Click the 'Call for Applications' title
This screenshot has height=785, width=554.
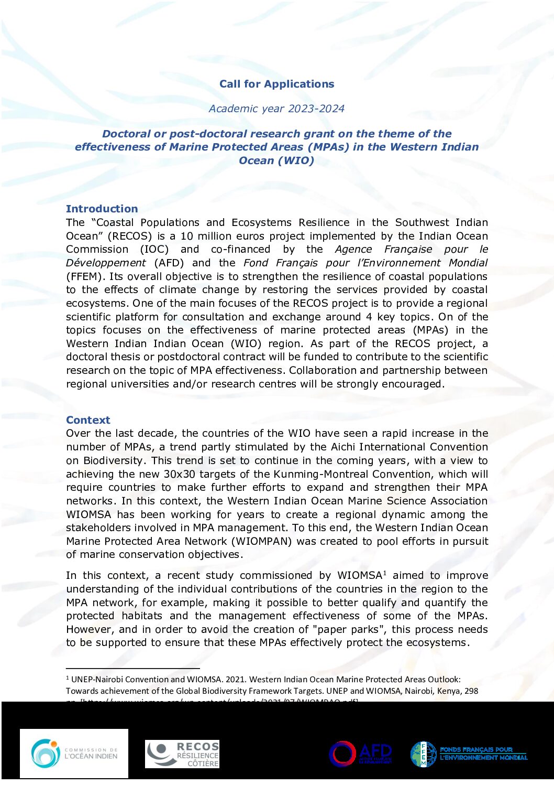(x=276, y=84)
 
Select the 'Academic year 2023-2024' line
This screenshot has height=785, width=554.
(x=276, y=109)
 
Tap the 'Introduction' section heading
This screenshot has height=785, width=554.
(x=102, y=209)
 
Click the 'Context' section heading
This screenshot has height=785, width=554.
(x=88, y=420)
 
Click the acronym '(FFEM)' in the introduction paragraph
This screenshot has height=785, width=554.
(x=85, y=276)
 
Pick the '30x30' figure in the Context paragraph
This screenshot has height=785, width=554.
(x=182, y=474)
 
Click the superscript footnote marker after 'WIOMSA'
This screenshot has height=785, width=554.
(x=385, y=572)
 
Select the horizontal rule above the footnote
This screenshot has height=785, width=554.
(x=133, y=669)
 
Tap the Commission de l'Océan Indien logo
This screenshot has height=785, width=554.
(x=74, y=754)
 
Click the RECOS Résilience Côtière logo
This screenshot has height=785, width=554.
(x=182, y=754)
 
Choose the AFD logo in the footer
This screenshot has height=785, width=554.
(x=360, y=754)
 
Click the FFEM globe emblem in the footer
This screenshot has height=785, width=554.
(x=423, y=754)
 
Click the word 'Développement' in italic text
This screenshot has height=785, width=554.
(x=106, y=263)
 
